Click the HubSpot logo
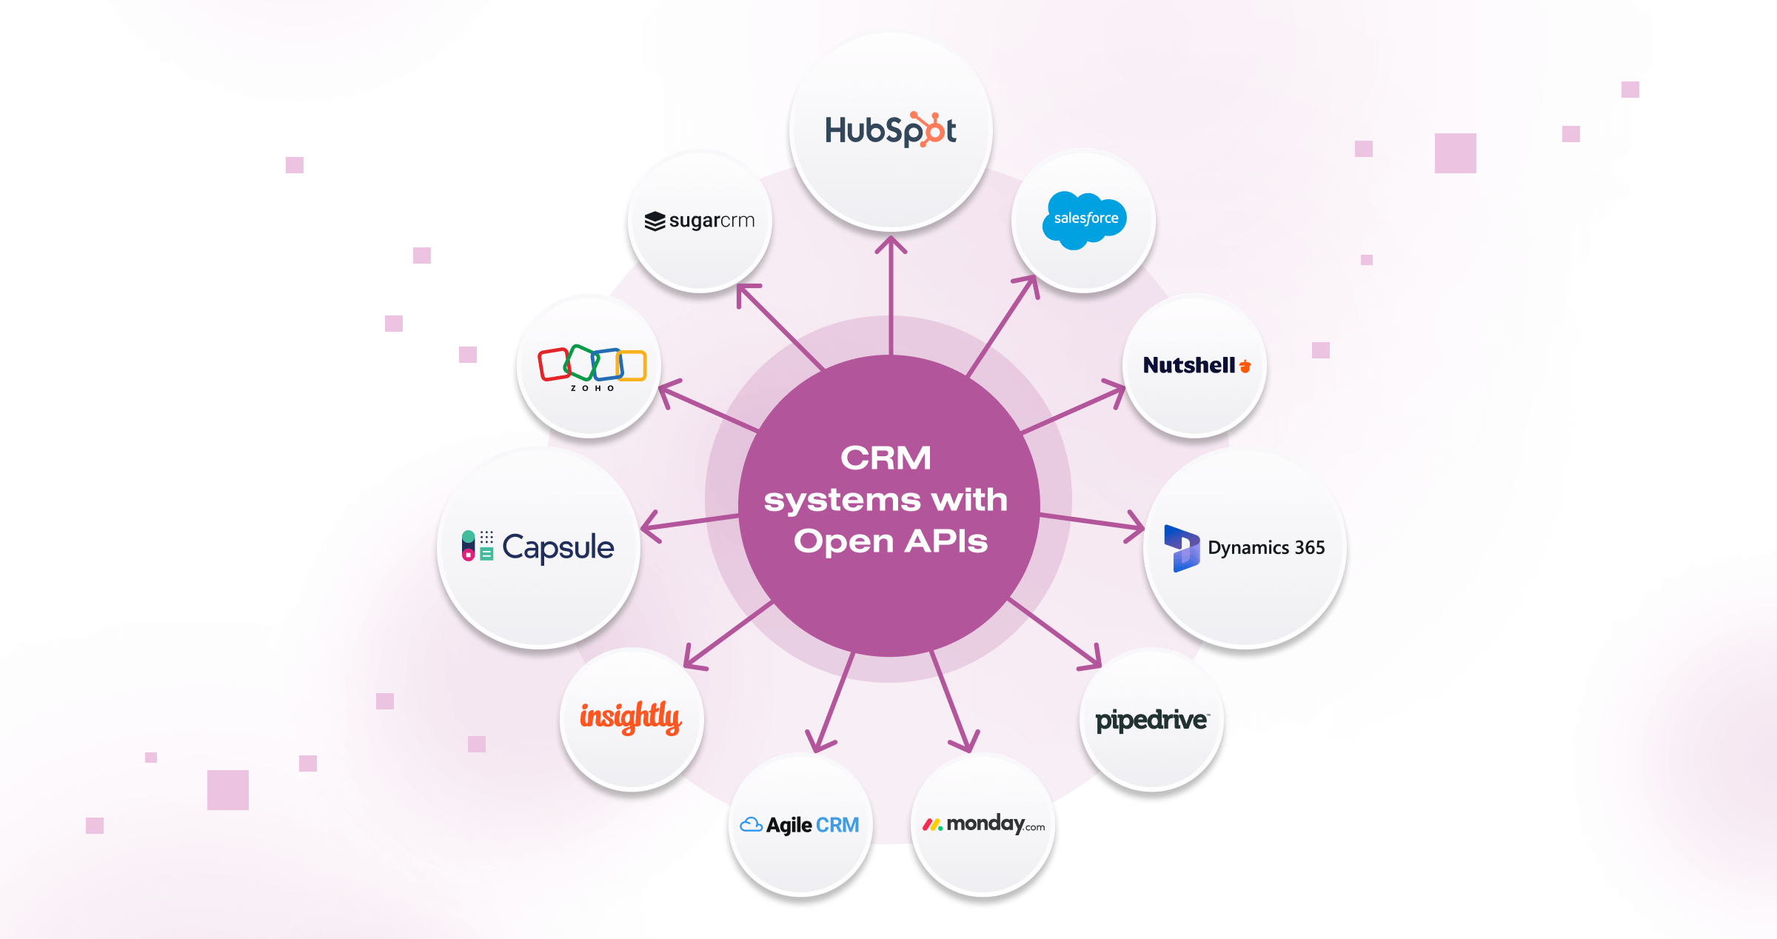(x=890, y=130)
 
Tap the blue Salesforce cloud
(x=1085, y=219)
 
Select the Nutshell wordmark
(x=1188, y=365)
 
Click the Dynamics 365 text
(x=1266, y=547)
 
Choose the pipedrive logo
(x=1151, y=720)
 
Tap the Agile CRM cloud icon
(x=751, y=824)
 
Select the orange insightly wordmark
(x=630, y=717)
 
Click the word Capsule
(x=558, y=547)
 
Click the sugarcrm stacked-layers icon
(x=655, y=221)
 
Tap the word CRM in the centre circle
(x=886, y=458)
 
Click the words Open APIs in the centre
(x=891, y=541)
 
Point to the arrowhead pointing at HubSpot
(x=891, y=241)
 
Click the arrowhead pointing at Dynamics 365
(x=1139, y=527)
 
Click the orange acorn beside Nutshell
(x=1245, y=366)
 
